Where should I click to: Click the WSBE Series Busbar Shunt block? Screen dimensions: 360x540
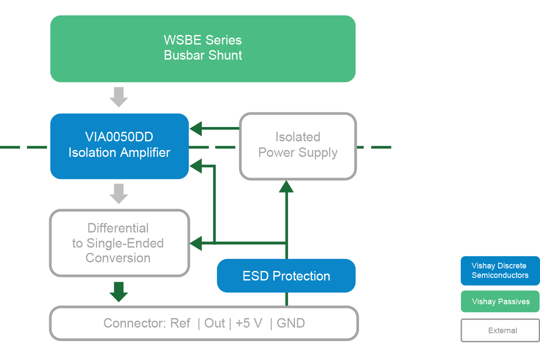[203, 48]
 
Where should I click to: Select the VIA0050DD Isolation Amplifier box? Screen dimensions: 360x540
[119, 146]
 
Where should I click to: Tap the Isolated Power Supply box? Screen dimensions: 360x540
[298, 146]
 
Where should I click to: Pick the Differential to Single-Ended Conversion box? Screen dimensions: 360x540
[119, 243]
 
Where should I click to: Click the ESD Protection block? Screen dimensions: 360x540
[286, 276]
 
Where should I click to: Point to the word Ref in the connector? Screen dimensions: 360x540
[180, 323]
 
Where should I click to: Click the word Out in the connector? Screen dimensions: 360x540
[215, 323]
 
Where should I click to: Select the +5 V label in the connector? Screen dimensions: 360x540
[249, 323]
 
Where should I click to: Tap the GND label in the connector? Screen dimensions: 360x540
[291, 323]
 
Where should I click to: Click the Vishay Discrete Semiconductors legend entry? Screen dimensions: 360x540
[500, 271]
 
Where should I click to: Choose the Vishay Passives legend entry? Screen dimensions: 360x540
[500, 302]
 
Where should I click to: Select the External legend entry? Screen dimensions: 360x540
[500, 331]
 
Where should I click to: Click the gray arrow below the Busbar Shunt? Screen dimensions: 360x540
[119, 97]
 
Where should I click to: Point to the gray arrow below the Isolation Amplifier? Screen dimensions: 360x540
[119, 194]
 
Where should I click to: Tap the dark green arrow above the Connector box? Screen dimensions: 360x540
[119, 292]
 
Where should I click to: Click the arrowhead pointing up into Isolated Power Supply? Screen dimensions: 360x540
[286, 186]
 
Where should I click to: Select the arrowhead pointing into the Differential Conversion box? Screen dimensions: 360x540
[196, 243]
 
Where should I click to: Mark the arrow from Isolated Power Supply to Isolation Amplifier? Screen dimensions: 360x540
[214, 128]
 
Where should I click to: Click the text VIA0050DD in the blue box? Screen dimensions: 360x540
[119, 137]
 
